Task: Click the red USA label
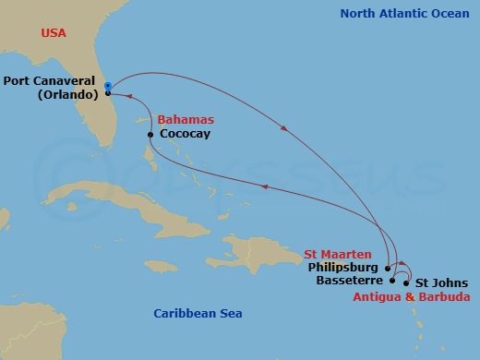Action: (x=54, y=32)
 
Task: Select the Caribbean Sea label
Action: (x=198, y=314)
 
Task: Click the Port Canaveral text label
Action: (x=52, y=80)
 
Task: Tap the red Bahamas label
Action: (x=186, y=120)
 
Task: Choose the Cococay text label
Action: (x=185, y=134)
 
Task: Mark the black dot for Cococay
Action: (x=150, y=135)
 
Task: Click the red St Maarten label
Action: (x=338, y=254)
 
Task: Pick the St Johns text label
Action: (x=441, y=283)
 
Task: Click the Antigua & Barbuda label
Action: (x=412, y=296)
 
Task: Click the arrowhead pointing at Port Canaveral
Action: (x=126, y=94)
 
